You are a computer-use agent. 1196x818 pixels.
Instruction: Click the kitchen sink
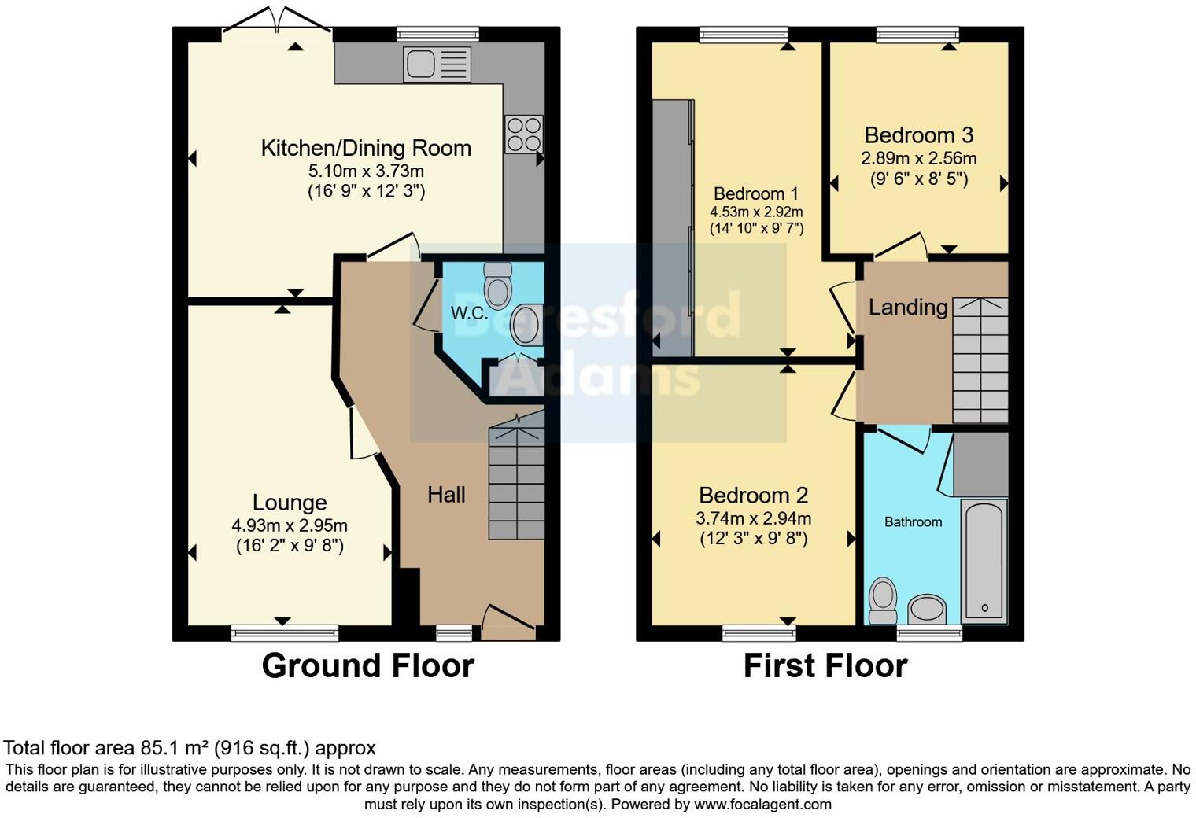[x=437, y=64]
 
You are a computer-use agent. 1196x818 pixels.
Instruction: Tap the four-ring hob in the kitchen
[x=523, y=134]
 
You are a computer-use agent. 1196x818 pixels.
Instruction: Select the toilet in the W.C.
[x=497, y=286]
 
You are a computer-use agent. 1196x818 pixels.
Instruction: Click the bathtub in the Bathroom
[x=984, y=562]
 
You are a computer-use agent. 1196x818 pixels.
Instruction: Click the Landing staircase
[x=980, y=361]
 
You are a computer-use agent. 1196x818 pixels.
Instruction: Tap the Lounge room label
[x=290, y=503]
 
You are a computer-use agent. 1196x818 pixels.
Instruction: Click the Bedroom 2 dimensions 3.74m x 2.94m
[x=753, y=518]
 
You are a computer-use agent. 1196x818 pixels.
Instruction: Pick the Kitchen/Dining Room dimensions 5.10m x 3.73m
[x=366, y=171]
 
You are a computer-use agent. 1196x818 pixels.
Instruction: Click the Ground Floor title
[x=367, y=666]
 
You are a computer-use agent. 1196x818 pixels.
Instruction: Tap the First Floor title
[x=825, y=666]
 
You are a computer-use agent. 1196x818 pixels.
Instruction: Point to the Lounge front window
[x=285, y=632]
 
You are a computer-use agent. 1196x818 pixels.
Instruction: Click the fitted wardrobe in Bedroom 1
[x=673, y=227]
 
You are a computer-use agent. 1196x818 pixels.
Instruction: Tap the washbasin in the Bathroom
[x=927, y=609]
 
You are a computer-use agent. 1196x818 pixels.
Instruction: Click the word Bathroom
[x=913, y=521]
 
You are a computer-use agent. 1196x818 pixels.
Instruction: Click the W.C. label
[x=469, y=313]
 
